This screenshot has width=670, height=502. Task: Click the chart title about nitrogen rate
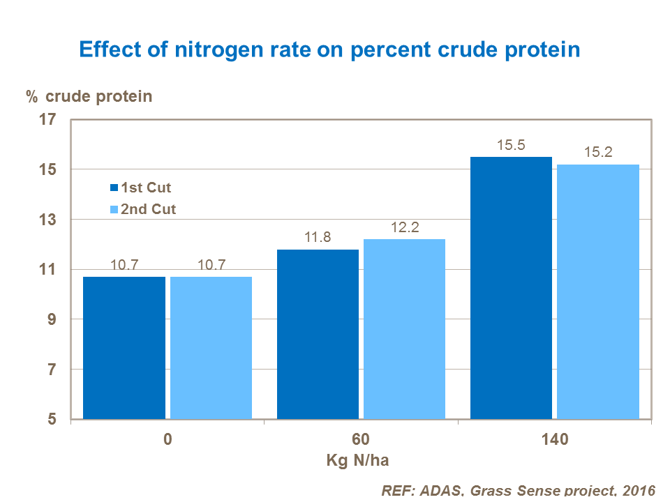click(329, 50)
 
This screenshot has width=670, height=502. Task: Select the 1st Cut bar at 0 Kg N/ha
click(124, 348)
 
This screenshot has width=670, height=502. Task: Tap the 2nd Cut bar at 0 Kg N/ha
click(211, 348)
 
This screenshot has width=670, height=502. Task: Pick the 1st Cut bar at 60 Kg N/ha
click(318, 335)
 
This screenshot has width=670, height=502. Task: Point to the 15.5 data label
click(511, 146)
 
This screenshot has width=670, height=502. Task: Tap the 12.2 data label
click(404, 228)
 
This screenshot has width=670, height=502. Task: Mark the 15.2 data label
click(598, 153)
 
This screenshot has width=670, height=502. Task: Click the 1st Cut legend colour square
click(114, 188)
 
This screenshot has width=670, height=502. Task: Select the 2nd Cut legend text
click(149, 208)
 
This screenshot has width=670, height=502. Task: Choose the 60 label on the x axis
click(361, 441)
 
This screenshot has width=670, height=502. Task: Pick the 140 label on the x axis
click(555, 441)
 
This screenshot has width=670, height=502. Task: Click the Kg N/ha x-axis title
click(361, 461)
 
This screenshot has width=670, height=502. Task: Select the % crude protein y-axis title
click(89, 96)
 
